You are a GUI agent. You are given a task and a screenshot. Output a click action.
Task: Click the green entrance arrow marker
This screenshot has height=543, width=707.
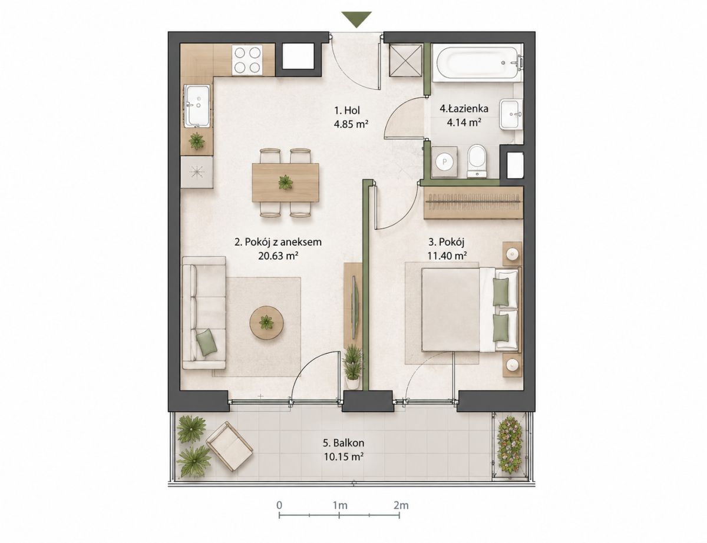[356, 19]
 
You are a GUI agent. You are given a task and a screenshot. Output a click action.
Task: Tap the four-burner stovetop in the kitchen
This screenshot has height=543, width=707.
[247, 59]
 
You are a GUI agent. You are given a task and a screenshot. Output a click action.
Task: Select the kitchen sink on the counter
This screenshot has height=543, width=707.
[197, 105]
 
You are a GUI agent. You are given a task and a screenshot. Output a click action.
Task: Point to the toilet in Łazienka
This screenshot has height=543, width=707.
[477, 161]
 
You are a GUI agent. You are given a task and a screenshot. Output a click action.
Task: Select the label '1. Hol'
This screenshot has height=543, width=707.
[347, 111]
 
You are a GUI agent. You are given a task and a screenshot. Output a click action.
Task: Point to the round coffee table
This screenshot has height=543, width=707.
[266, 323]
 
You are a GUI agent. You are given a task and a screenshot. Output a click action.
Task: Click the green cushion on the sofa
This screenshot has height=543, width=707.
[207, 342]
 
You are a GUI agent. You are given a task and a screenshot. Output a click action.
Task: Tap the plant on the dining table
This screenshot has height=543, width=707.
[285, 182]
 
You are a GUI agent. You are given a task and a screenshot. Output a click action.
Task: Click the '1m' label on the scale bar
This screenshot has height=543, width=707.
[340, 505]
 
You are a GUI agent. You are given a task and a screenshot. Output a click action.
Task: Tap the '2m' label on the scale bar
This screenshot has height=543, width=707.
[401, 505]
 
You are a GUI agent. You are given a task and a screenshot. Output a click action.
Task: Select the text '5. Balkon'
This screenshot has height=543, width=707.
[343, 443]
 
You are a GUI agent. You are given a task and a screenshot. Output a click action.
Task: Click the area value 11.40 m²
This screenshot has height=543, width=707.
[447, 256]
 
